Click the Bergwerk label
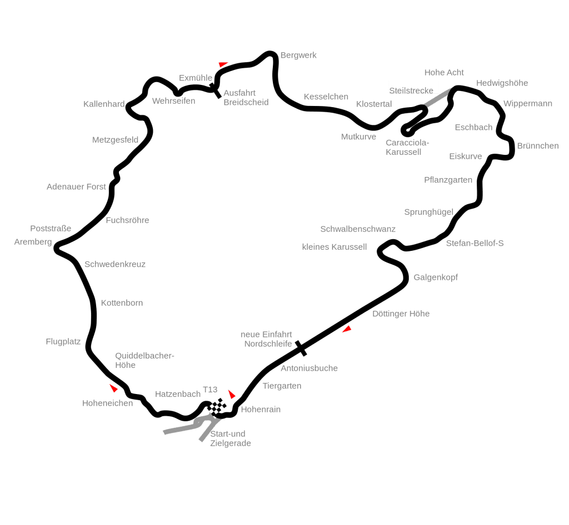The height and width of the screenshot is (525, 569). (x=298, y=55)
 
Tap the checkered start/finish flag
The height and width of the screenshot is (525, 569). (x=217, y=406)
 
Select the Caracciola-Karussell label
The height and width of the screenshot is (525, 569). (x=407, y=147)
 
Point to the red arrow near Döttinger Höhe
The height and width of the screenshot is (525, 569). (x=347, y=329)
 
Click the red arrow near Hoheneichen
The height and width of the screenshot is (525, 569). (x=113, y=388)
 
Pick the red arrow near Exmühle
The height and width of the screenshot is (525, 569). (x=223, y=64)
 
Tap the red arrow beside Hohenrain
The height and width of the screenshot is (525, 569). (x=232, y=394)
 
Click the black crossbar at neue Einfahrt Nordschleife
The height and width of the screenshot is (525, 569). (x=301, y=348)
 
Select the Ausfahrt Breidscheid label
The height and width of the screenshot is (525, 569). (x=246, y=98)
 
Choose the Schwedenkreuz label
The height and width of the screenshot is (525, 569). (x=115, y=264)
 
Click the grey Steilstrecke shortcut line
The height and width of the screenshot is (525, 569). (x=437, y=98)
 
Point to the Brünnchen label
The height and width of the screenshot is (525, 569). (x=538, y=145)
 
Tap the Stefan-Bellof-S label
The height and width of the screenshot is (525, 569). (x=475, y=243)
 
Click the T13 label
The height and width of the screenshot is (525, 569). (x=210, y=390)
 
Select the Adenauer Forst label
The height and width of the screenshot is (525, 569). (x=76, y=186)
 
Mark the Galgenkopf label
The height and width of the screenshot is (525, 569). (x=436, y=277)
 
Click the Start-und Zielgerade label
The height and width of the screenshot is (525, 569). (x=231, y=438)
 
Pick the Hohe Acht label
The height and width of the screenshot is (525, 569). (x=444, y=73)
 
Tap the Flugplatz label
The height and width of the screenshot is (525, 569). (x=63, y=342)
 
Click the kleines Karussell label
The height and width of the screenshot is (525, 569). (x=334, y=247)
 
